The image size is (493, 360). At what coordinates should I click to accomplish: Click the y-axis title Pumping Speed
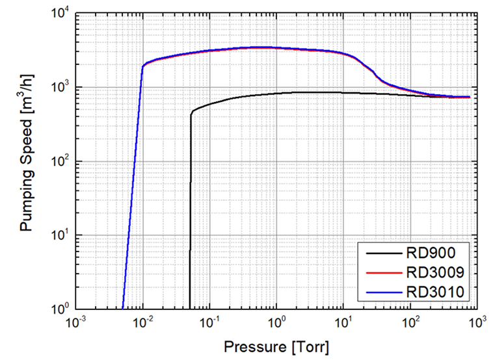click(27, 161)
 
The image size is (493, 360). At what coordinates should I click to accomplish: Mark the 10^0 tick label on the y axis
click(59, 309)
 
